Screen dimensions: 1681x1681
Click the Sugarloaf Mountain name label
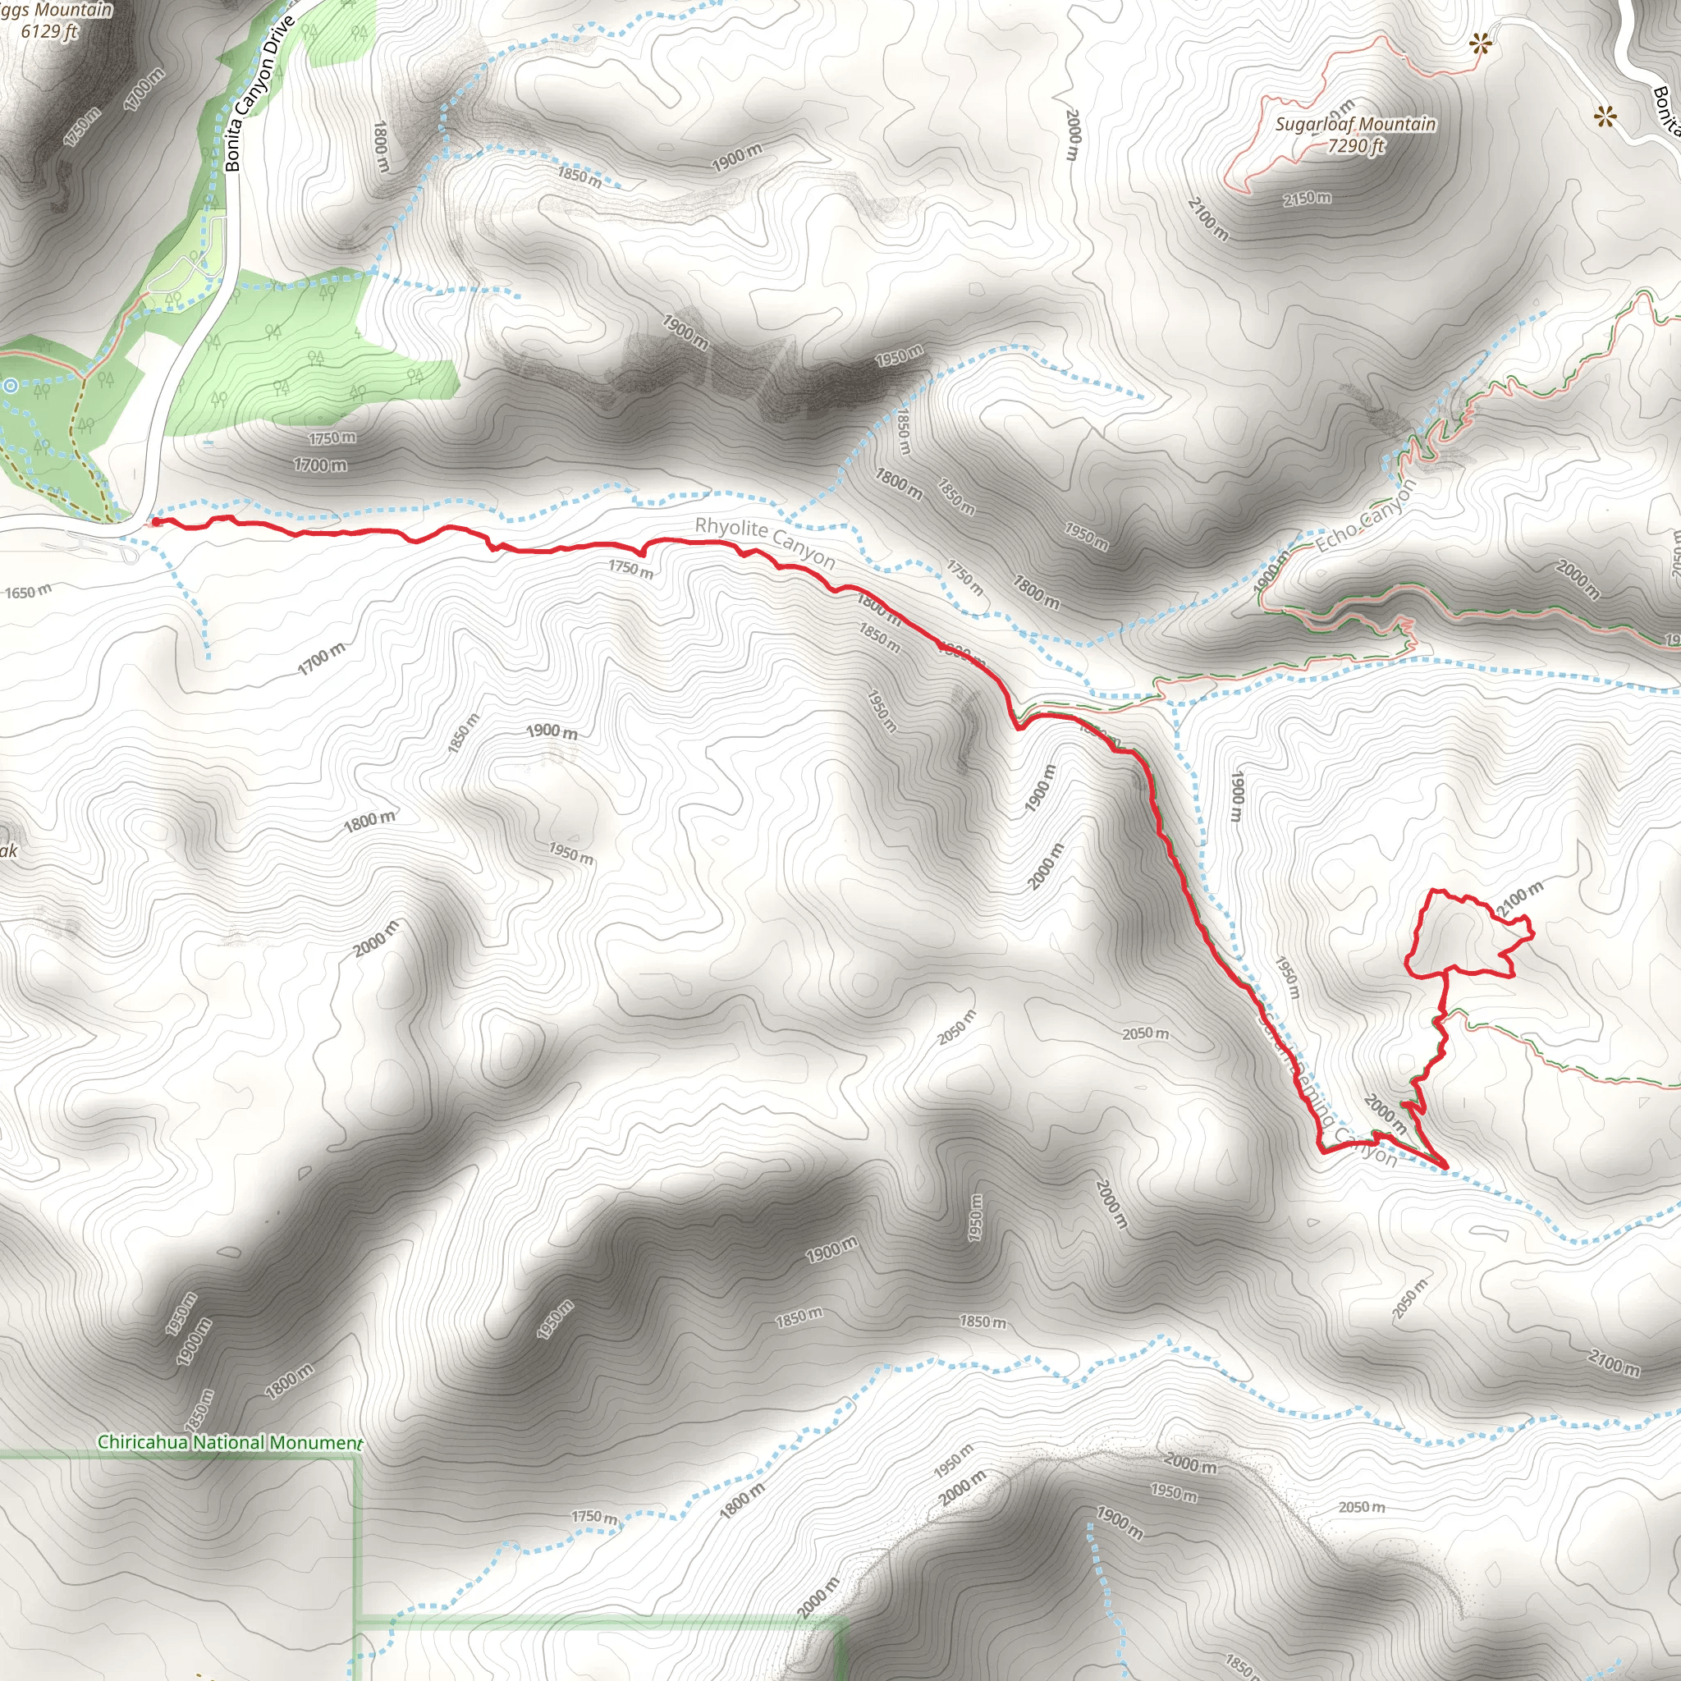click(1354, 124)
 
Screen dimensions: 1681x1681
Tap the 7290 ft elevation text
click(1354, 145)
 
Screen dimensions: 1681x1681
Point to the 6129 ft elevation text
click(48, 31)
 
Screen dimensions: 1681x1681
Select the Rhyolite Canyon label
click(765, 542)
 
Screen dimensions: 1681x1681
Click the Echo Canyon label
click(1365, 516)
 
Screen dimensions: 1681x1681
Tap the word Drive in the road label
click(278, 37)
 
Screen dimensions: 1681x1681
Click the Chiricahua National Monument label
click(230, 1441)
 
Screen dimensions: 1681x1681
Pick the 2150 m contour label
click(1306, 199)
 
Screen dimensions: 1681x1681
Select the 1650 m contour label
click(28, 592)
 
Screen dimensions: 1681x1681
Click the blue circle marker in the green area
click(10, 386)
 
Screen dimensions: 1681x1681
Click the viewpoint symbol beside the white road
click(1605, 116)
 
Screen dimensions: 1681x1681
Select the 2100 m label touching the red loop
click(1519, 898)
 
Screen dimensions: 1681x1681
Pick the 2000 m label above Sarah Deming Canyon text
click(1385, 1114)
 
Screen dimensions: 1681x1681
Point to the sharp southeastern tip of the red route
click(1446, 1166)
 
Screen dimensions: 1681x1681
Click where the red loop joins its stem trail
click(1447, 970)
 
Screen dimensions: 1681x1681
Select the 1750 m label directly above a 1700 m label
click(332, 437)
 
